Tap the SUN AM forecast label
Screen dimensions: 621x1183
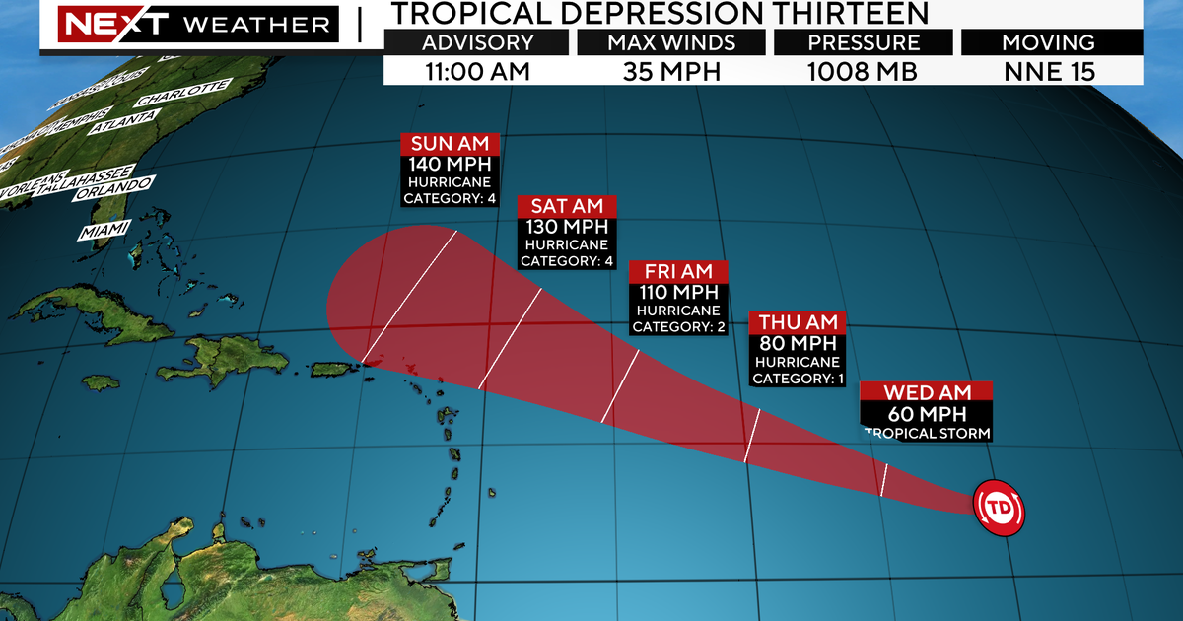point(451,143)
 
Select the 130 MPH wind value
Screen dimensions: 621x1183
point(568,226)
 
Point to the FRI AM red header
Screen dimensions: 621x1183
point(679,271)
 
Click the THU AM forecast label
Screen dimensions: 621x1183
point(798,322)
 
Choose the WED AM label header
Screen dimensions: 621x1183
point(926,391)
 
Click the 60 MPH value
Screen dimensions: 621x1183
point(926,414)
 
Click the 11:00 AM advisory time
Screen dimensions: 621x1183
point(478,70)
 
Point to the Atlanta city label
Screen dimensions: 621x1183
point(123,122)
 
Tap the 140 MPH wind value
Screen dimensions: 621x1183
point(451,165)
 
